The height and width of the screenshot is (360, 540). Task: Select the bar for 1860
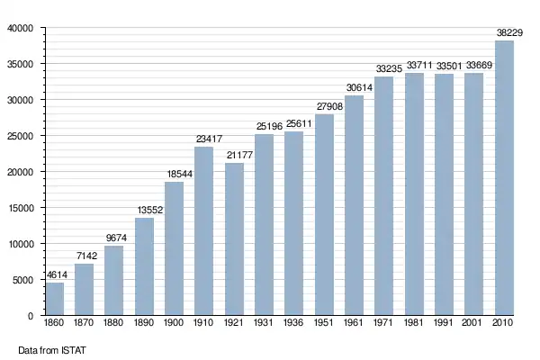pyautogui.click(x=55, y=299)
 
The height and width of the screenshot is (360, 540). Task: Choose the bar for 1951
pyautogui.click(x=324, y=215)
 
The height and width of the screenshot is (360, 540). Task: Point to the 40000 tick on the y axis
pyautogui.click(x=19, y=29)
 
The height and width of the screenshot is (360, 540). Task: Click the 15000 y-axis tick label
pyautogui.click(x=19, y=208)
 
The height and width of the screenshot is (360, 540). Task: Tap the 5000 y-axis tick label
pyautogui.click(x=22, y=280)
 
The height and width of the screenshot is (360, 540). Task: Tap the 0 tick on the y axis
pyautogui.click(x=31, y=316)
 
